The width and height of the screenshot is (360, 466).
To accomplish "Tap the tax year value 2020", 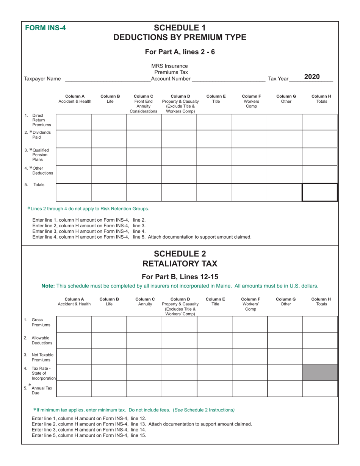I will click(312, 77).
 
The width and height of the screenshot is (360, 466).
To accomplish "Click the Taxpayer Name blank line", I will click(108, 79).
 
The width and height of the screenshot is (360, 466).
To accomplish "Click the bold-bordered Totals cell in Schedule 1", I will click(319, 192).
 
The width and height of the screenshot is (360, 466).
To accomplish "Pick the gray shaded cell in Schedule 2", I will click(319, 372).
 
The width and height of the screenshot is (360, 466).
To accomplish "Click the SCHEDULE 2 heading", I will click(180, 253).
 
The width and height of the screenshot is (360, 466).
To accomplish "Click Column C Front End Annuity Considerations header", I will click(144, 104).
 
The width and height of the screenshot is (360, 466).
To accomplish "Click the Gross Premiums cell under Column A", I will click(74, 324).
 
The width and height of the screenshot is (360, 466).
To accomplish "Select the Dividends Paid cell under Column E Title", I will click(214, 139).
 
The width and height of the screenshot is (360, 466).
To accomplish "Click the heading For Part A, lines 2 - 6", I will click(180, 52).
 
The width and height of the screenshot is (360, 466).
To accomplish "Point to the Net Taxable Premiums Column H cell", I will click(319, 357).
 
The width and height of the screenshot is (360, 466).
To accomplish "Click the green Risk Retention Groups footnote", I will click(88, 208).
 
